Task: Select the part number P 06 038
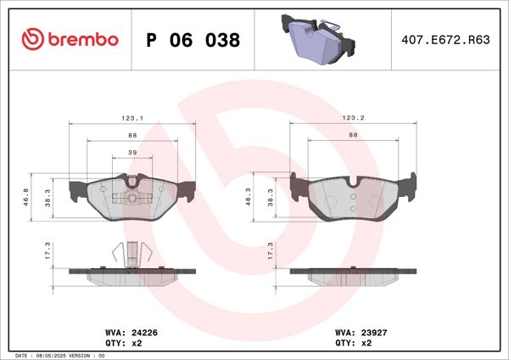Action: tap(193, 40)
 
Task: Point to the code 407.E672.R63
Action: tap(439, 40)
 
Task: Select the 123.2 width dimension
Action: tap(353, 118)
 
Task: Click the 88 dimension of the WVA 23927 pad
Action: tap(353, 134)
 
